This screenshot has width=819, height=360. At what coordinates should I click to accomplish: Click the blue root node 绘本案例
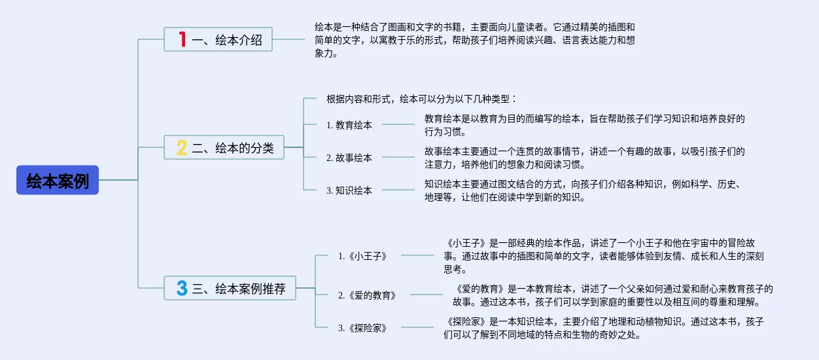coord(58,180)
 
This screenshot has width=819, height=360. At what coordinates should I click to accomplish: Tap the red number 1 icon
coord(183,39)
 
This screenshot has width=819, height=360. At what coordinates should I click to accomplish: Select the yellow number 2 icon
coord(182,147)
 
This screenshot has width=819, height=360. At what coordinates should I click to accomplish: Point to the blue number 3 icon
coord(182,288)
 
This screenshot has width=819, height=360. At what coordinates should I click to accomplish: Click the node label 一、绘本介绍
coord(227,39)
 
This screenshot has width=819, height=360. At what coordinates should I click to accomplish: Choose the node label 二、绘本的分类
coord(233,148)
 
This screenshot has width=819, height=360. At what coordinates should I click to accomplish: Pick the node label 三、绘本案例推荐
coord(239,289)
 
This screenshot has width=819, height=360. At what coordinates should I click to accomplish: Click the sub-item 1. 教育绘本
coord(349,125)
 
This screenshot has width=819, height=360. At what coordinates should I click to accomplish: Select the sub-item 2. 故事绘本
coord(349,158)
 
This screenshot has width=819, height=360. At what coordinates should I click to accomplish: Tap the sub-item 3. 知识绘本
coord(349,190)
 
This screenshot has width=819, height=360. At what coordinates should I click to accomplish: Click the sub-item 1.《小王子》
coord(362,256)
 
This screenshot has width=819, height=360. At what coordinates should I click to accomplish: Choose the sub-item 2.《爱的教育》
coord(367,295)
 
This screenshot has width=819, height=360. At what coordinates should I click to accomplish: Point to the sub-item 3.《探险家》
coord(362,328)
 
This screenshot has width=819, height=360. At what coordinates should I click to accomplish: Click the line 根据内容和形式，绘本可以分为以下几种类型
coord(421,99)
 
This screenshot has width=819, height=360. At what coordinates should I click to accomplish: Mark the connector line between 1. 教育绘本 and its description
coord(398,124)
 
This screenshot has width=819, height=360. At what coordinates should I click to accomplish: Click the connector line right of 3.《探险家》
coord(417,327)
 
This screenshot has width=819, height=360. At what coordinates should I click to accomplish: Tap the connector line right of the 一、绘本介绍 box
coord(288,39)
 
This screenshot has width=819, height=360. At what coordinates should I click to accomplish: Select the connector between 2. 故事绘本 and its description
coord(398,157)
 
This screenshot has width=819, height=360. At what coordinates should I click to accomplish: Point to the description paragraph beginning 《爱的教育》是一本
coord(613,295)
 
